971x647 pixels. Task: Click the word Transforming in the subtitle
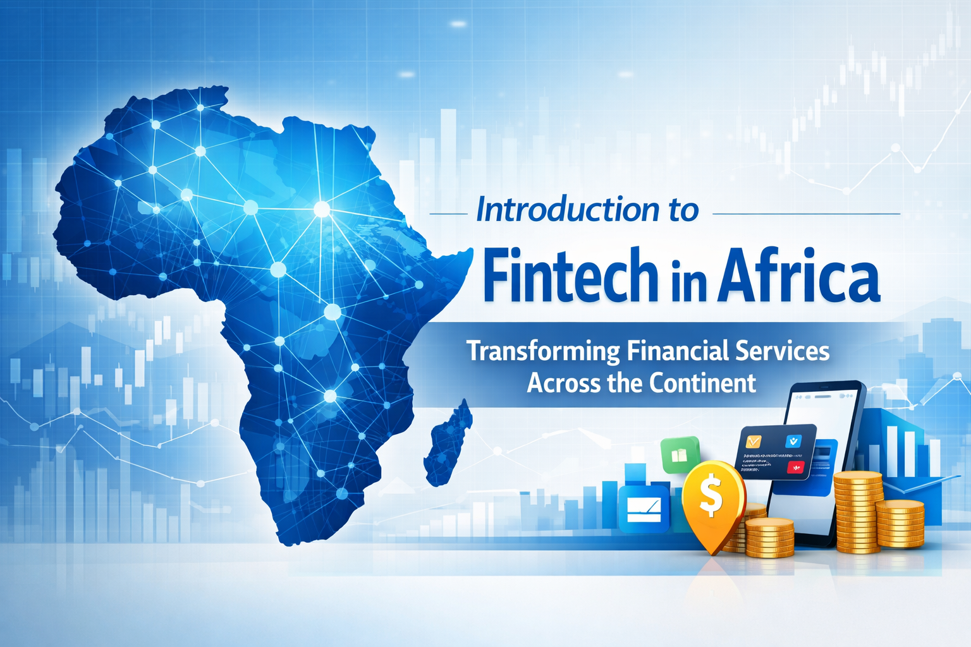click(543, 351)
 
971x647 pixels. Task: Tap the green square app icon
click(680, 454)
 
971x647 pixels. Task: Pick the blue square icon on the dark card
click(792, 441)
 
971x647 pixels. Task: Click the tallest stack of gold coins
click(857, 512)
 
